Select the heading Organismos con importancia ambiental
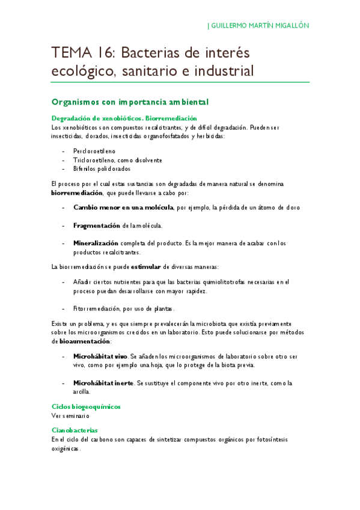point(130,102)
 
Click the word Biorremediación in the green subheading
point(171,118)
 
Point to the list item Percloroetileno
point(94,151)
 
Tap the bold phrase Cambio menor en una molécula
point(123,207)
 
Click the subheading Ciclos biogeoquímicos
point(86,407)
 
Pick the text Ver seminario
point(70,415)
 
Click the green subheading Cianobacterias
point(75,431)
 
